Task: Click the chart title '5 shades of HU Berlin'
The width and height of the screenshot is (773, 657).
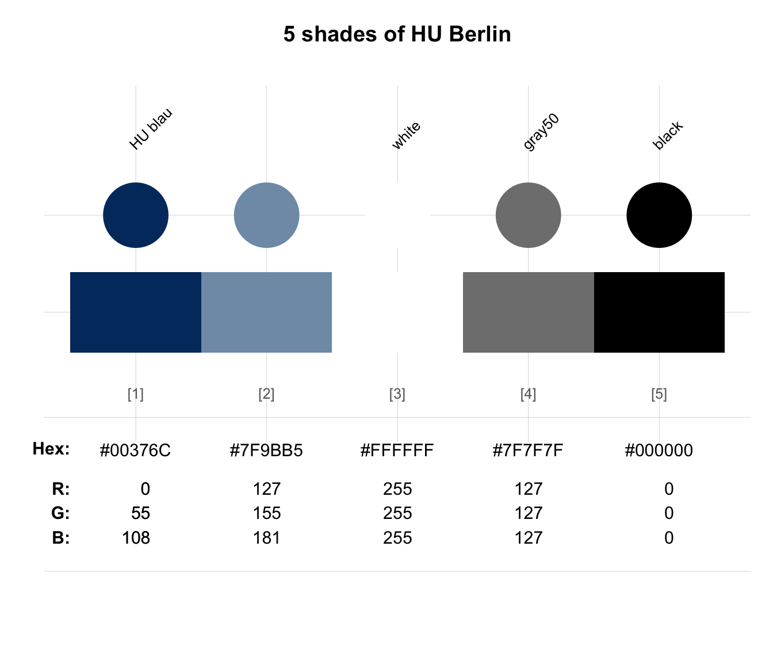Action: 397,35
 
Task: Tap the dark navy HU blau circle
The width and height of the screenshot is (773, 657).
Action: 136,215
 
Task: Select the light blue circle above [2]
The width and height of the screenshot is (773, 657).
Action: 267,215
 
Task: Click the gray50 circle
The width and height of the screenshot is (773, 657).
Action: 529,215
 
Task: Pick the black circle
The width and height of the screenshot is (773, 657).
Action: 659,215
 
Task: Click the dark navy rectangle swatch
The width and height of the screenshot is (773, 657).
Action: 136,312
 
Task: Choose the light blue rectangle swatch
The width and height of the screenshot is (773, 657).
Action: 267,312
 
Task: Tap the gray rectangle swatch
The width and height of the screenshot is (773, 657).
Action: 529,312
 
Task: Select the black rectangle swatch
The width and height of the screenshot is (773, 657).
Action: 659,312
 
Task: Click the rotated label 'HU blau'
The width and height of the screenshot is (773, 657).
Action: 151,129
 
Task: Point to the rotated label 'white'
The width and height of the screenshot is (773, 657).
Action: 406,135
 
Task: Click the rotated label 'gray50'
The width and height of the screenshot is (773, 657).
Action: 541,132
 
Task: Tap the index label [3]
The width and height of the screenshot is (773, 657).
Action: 397,394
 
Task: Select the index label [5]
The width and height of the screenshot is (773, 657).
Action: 659,394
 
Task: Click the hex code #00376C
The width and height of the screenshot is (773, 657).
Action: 135,450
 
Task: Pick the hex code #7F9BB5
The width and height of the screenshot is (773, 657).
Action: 266,450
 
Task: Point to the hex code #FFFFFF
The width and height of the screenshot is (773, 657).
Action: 397,450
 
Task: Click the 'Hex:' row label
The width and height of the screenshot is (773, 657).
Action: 51,449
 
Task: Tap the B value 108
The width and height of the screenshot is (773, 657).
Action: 136,538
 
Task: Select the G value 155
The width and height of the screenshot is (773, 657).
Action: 267,513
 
